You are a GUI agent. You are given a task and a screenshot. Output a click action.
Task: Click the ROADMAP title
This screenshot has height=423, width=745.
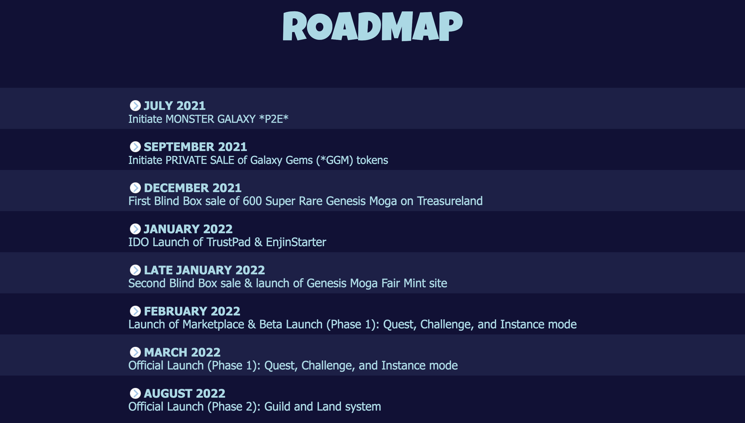(373, 26)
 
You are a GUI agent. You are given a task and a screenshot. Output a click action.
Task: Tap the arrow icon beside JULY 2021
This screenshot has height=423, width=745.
(135, 106)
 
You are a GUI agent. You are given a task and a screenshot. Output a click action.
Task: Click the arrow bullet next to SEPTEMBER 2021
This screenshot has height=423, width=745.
(135, 147)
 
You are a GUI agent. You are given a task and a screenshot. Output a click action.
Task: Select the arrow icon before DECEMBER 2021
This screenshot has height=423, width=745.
(135, 188)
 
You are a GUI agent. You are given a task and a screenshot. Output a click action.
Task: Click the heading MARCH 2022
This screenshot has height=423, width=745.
(182, 352)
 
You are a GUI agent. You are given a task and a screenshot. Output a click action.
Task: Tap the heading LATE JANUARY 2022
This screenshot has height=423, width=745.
(204, 270)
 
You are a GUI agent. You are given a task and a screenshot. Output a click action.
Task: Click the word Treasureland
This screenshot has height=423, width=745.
(450, 201)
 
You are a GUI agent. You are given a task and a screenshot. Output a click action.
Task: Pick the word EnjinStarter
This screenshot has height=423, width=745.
(296, 242)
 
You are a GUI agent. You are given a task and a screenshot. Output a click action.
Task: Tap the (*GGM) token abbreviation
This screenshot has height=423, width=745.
(334, 160)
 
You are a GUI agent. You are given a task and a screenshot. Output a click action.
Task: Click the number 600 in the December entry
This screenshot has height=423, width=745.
(252, 201)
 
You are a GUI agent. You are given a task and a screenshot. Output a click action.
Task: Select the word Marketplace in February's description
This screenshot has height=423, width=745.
(213, 324)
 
